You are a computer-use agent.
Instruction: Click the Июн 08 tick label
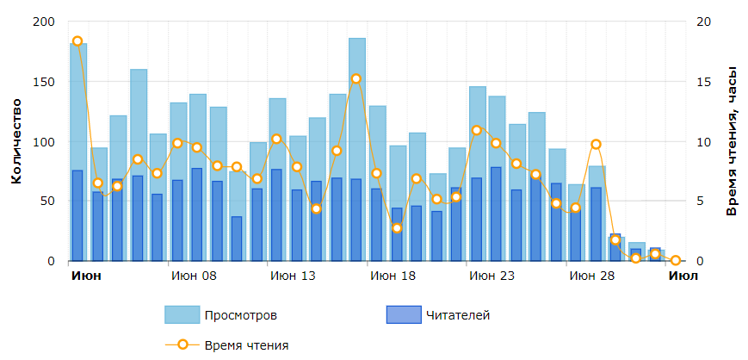coord(194,276)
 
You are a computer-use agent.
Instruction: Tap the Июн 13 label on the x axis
coord(293,276)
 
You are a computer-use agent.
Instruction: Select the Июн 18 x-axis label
coord(392,276)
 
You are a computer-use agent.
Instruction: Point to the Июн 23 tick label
coord(491,276)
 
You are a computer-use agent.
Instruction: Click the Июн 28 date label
coord(591,276)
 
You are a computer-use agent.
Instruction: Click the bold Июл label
coord(683,276)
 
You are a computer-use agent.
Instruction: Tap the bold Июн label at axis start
coord(85,276)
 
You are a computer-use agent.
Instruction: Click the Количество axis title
coord(16,141)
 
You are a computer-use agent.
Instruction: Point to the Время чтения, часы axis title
coord(732,141)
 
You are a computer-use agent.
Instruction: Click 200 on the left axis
coord(43,22)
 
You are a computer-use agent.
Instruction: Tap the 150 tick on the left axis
coord(43,82)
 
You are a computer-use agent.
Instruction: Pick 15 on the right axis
coord(702,82)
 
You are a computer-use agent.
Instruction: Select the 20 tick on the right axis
coord(702,22)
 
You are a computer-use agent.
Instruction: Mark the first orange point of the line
coord(77,41)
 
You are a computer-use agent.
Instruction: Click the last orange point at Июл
coord(676,260)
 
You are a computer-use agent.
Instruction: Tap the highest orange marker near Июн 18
coord(356,78)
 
